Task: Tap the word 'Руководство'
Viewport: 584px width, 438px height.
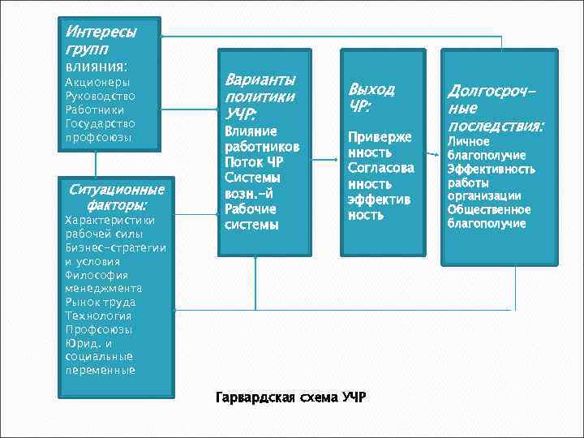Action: pyautogui.click(x=100, y=96)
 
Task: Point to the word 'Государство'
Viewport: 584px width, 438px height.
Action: pyautogui.click(x=100, y=123)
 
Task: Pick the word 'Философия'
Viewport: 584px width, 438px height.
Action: pyautogui.click(x=94, y=274)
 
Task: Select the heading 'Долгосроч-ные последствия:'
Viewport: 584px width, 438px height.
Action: pyautogui.click(x=495, y=107)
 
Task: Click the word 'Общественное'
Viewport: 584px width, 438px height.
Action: pyautogui.click(x=488, y=209)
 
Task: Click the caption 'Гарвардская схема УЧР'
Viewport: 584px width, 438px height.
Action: pyautogui.click(x=290, y=397)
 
